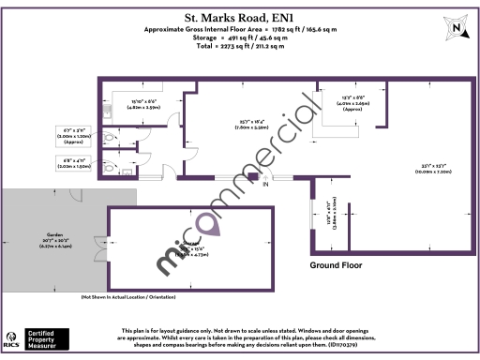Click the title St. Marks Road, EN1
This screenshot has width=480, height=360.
(240, 16)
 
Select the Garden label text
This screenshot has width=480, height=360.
(55, 235)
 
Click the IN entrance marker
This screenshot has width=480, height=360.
(265, 185)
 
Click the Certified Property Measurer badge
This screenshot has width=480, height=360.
(53, 338)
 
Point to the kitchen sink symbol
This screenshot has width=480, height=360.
(111, 113)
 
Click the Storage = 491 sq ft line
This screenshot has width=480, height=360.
(240, 37)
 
